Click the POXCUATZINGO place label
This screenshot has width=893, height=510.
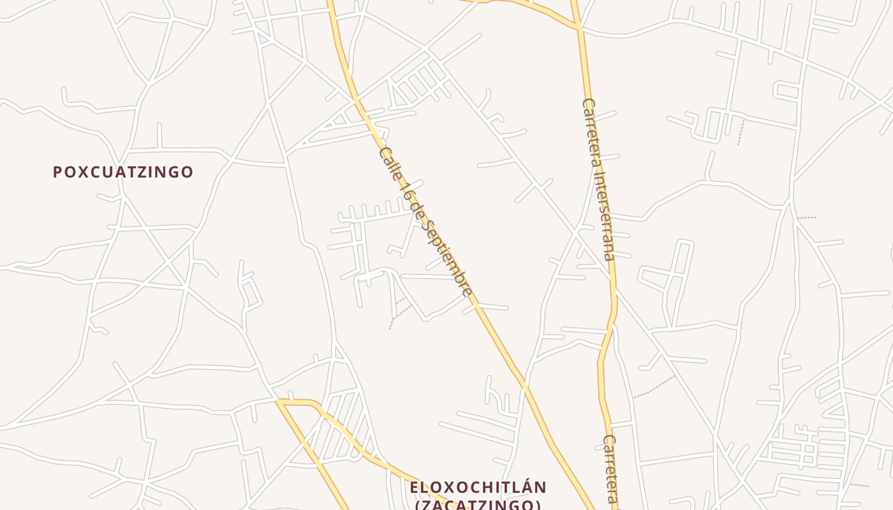point(122,172)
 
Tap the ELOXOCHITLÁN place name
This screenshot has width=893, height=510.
point(478,488)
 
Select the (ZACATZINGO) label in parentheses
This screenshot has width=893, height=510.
point(478,505)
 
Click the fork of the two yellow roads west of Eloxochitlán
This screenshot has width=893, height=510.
point(279,402)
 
